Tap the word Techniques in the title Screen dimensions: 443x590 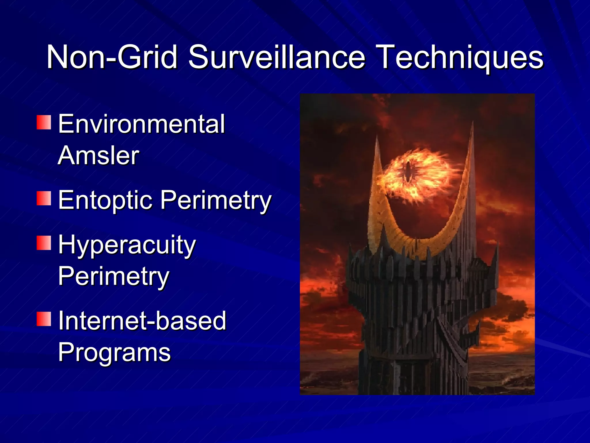461,58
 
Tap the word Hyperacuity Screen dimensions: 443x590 127,245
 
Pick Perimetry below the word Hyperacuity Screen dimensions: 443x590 114,277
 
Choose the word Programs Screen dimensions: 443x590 114,353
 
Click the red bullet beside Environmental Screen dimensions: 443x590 44,122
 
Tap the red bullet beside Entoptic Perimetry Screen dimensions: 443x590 44,198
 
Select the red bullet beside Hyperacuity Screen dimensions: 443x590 44,243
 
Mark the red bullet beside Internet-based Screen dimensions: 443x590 44,319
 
